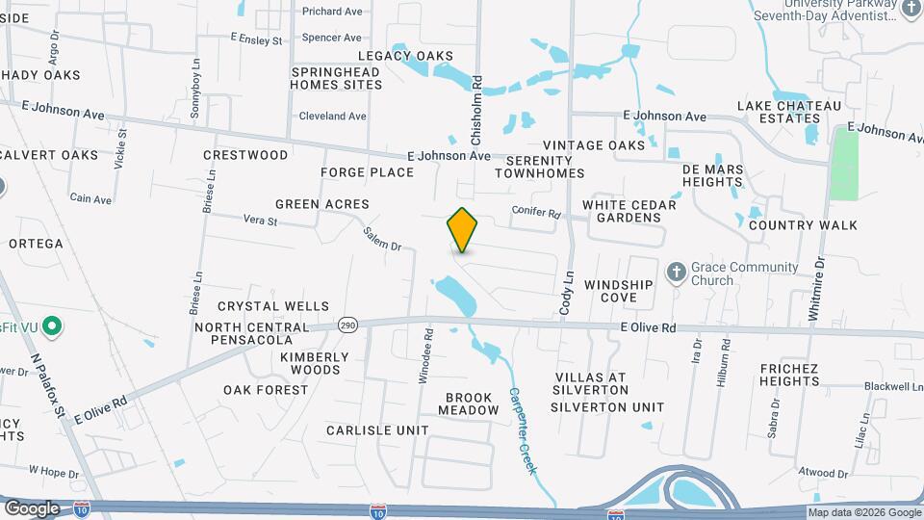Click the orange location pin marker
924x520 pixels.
click(462, 230)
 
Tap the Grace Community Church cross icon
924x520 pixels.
click(676, 273)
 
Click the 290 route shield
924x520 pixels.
click(347, 326)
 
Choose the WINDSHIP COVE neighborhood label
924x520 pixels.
click(618, 291)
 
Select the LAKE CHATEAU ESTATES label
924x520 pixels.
click(789, 112)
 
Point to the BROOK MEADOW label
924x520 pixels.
click(469, 403)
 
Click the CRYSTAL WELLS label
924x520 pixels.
click(273, 306)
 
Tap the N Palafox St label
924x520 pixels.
click(47, 385)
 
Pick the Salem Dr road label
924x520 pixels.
click(382, 239)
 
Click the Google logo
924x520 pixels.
click(32, 508)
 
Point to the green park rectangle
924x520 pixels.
click(844, 164)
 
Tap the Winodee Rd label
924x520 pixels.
click(424, 356)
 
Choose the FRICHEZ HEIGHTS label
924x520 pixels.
click(788, 375)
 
